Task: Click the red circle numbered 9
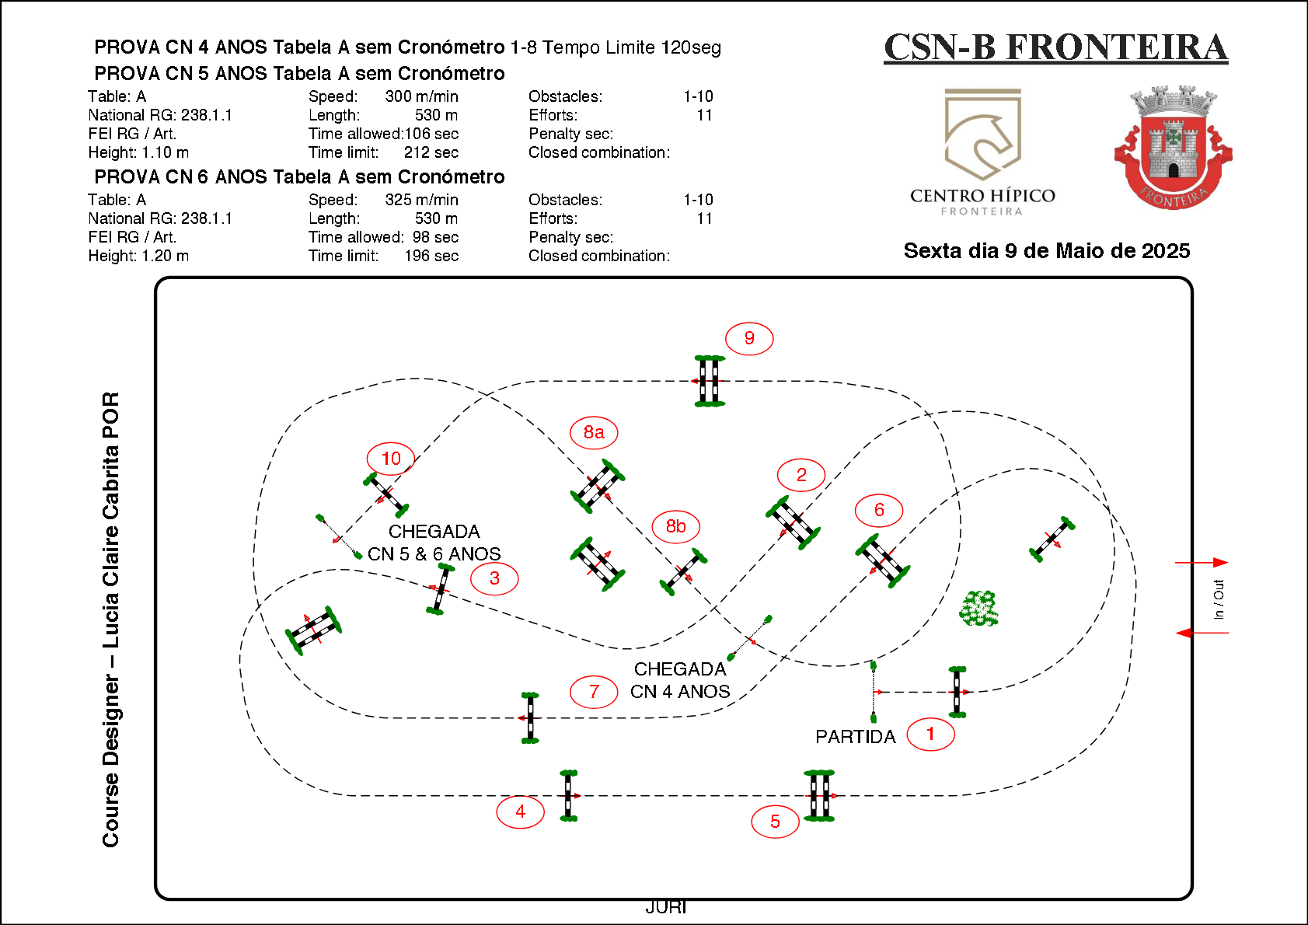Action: (749, 338)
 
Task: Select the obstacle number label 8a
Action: (594, 432)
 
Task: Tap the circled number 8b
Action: (675, 526)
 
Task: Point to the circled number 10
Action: (391, 459)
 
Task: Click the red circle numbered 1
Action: (930, 734)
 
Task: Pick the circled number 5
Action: (775, 822)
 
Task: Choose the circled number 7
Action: (594, 692)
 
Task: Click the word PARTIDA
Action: (855, 737)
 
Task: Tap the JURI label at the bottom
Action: (666, 907)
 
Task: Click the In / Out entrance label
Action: (1219, 599)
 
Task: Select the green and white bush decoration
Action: (978, 609)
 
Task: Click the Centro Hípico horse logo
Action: (982, 136)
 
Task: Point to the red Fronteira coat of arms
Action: (1173, 148)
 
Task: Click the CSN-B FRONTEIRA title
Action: (1055, 47)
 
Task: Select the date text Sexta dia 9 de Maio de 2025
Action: (1046, 251)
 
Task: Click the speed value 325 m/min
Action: (421, 200)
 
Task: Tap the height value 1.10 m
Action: (165, 152)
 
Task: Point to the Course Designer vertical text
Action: (111, 619)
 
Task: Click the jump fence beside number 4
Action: (569, 795)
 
